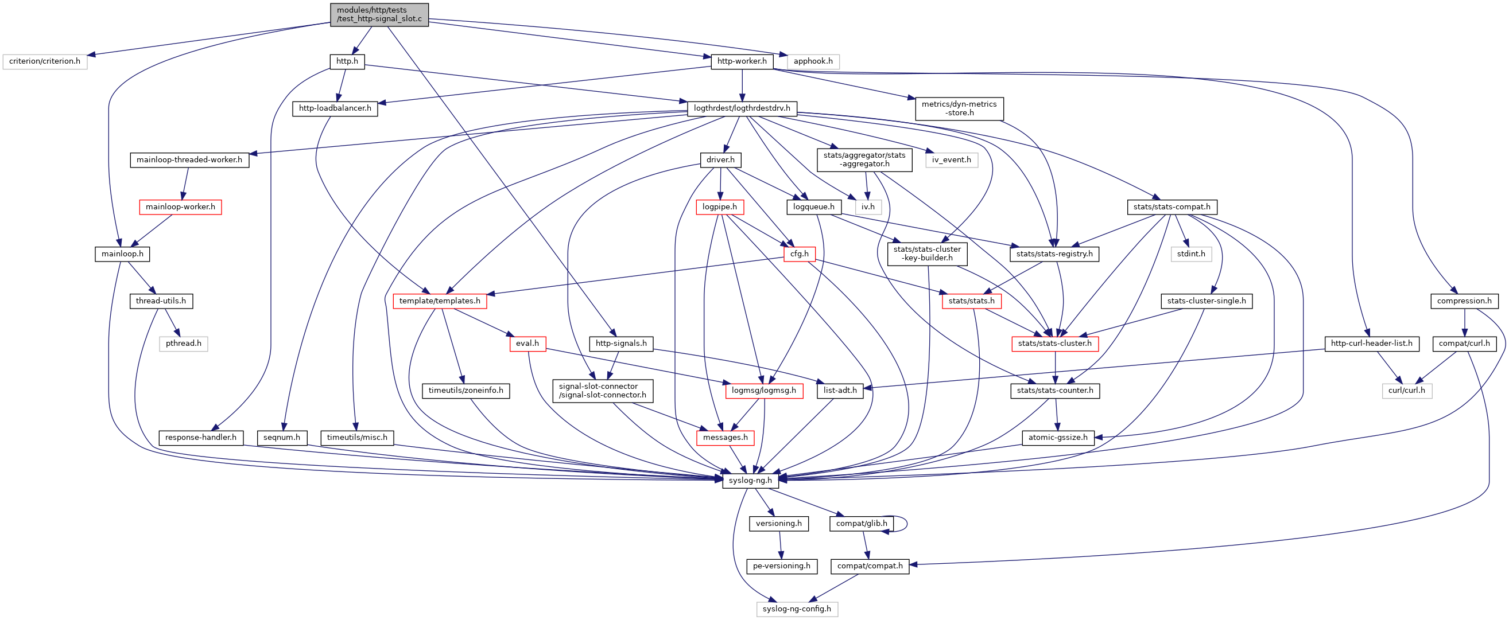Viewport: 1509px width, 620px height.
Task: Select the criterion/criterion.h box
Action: point(45,61)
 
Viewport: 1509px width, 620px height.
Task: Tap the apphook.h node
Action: point(813,61)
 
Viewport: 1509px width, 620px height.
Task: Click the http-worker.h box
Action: point(742,61)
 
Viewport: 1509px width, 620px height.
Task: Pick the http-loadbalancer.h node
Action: point(335,108)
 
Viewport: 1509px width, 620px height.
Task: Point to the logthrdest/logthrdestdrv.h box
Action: point(742,108)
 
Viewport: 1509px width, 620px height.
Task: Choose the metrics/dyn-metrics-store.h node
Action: point(959,108)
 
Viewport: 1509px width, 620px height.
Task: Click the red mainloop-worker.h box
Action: point(180,207)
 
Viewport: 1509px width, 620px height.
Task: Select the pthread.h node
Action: point(183,344)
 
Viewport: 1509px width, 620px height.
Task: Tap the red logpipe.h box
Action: point(719,207)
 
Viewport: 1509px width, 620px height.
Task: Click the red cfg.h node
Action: point(799,254)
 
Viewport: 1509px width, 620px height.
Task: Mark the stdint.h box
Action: point(1191,254)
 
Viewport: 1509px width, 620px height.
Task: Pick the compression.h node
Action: point(1464,301)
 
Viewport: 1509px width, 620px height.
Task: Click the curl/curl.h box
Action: point(1406,391)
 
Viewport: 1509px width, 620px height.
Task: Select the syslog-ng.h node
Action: point(750,481)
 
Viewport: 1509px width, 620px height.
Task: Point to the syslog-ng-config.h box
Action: point(797,609)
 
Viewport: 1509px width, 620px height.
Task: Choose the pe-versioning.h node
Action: point(781,566)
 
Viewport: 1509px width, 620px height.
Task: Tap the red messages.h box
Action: point(725,438)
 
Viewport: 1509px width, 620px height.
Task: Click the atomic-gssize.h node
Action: point(1057,438)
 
